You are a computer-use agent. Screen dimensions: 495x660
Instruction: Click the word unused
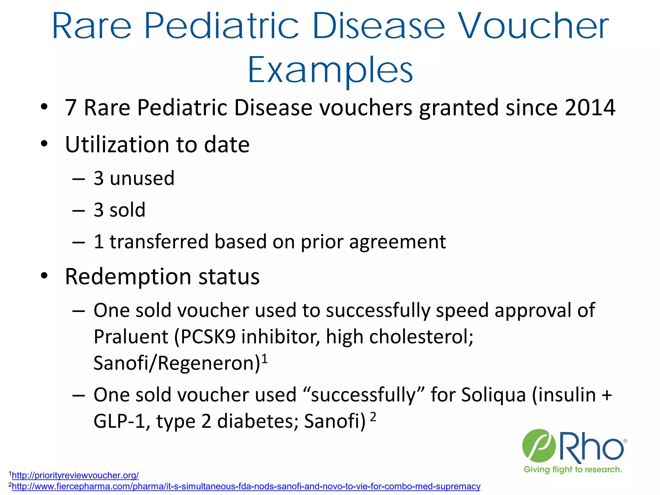pyautogui.click(x=142, y=178)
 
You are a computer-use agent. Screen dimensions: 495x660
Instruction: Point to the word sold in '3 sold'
pyautogui.click(x=127, y=210)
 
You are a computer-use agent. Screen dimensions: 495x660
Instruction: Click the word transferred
pyautogui.click(x=159, y=242)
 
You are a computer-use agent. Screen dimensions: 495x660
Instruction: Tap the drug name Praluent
pyautogui.click(x=131, y=337)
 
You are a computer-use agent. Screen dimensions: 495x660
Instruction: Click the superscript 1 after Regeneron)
pyautogui.click(x=264, y=358)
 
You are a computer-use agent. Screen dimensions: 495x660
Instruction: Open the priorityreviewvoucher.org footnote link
pyautogui.click(x=75, y=475)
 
